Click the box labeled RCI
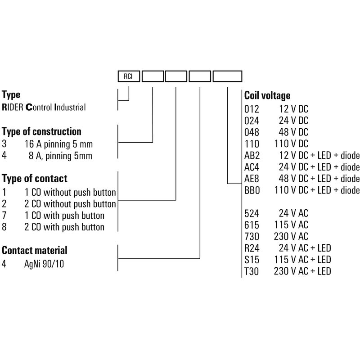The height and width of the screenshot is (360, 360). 129,76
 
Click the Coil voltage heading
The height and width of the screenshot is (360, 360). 267,96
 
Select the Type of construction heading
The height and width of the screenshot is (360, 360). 42,132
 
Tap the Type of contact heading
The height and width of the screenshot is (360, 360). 35,179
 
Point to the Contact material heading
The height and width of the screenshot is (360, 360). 35,250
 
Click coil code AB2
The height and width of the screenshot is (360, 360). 251,156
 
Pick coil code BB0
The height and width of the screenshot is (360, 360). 251,190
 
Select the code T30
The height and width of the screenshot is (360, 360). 250,271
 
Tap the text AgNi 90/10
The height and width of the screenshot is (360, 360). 44,264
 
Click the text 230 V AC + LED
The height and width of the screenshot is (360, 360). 302,271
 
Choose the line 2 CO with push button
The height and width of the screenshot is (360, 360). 64,227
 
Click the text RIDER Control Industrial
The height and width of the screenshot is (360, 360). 44,108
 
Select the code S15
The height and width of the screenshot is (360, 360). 250,260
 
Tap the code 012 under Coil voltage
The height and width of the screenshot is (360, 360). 250,109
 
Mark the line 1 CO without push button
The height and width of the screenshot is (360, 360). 70,193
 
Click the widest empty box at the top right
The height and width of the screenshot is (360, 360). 227,76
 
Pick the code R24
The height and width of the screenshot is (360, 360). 251,248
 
